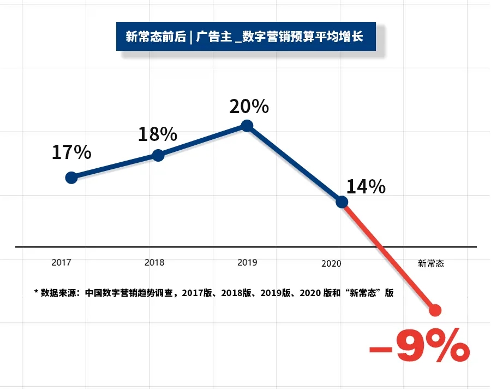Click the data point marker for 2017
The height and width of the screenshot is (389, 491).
(x=71, y=178)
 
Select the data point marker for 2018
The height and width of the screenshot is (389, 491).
(x=158, y=155)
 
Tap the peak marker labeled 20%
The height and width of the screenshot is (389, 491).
(x=247, y=126)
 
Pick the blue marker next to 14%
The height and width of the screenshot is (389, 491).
(x=342, y=202)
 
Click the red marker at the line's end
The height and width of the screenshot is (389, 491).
(x=435, y=310)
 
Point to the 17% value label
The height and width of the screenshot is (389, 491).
(x=71, y=152)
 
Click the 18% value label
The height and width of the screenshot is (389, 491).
(x=157, y=133)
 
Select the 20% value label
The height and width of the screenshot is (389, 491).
(x=249, y=106)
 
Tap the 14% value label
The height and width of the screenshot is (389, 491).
(x=366, y=187)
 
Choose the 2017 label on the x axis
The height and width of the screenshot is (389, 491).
(x=61, y=263)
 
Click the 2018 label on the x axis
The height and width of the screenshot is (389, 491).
(x=154, y=262)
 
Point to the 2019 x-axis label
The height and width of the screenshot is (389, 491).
(x=247, y=262)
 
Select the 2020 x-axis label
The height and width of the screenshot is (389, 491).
(x=331, y=263)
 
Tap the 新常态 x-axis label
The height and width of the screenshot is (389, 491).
(x=431, y=263)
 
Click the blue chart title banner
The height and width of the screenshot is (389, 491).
(x=246, y=37)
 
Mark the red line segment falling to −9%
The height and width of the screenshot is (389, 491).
(x=388, y=256)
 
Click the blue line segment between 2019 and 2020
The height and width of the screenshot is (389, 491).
(x=295, y=164)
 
